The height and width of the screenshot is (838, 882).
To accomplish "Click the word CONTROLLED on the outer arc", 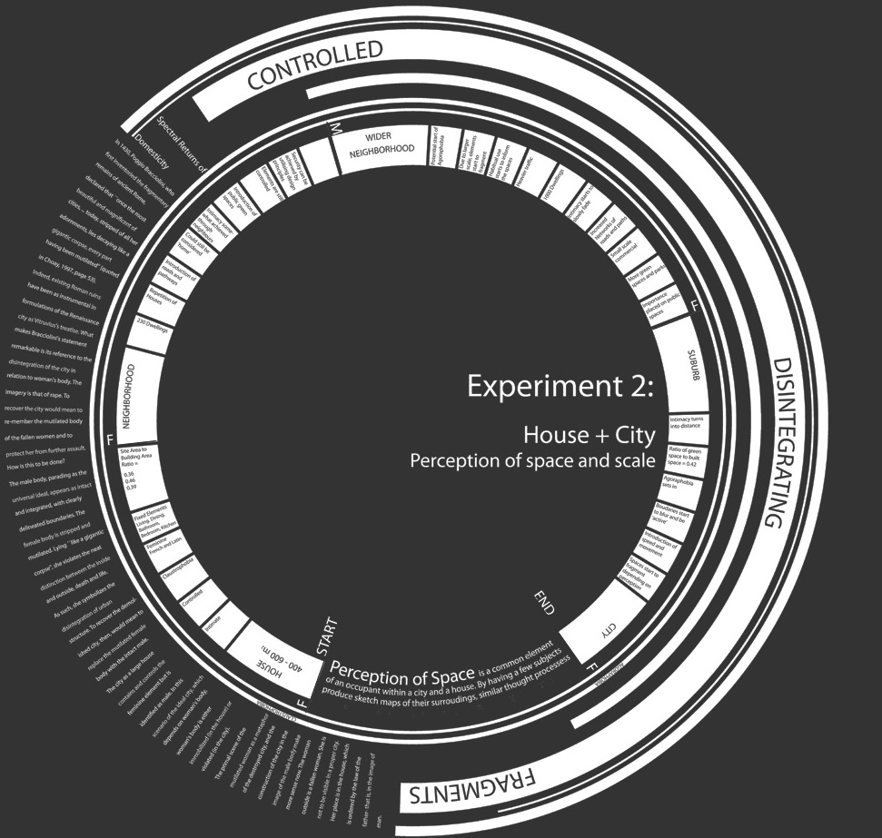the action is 316,65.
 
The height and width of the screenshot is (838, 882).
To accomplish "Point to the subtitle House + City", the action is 589,436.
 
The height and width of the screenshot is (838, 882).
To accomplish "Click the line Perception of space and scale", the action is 532,461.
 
